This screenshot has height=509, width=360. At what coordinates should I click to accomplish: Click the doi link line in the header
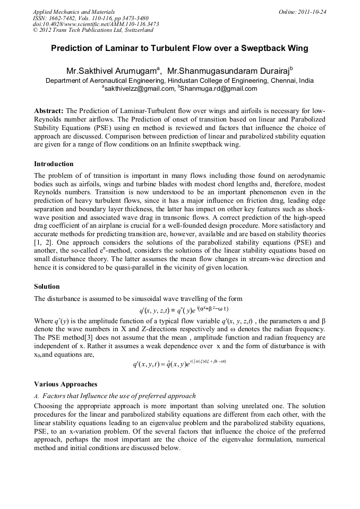tap(95, 24)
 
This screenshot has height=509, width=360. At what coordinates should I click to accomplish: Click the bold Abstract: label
tap(49, 110)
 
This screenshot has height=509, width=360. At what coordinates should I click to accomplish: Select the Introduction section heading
tap(54, 163)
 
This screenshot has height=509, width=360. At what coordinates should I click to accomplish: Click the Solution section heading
tap(47, 287)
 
